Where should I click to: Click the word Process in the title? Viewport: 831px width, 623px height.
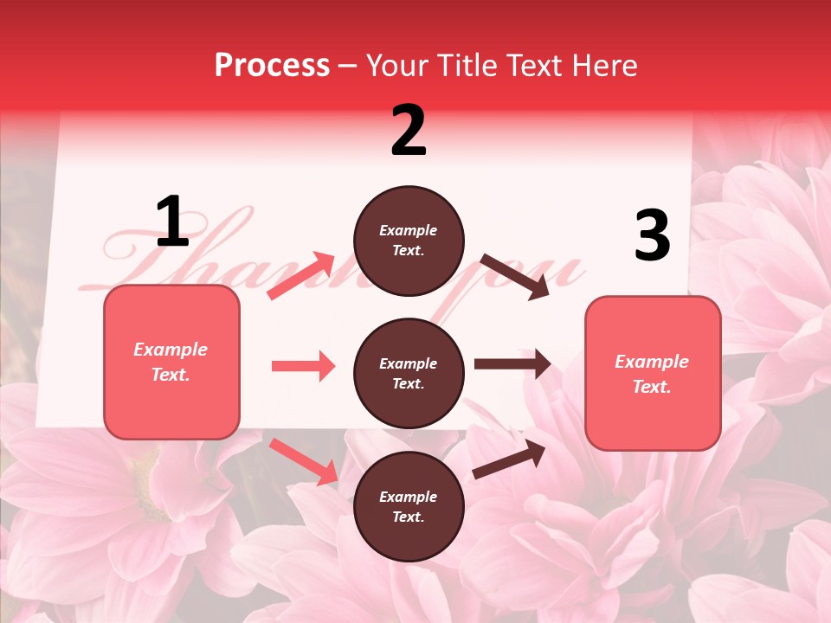[272, 65]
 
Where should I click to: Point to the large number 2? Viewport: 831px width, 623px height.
[409, 131]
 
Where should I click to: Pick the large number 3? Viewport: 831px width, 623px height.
[653, 235]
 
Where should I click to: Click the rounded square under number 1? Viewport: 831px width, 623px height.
[171, 362]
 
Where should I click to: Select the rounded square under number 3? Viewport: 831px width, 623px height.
[653, 374]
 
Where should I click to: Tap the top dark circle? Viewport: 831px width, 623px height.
[409, 241]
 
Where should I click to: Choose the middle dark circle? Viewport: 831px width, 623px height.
[409, 374]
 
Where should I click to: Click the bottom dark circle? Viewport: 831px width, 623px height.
[409, 507]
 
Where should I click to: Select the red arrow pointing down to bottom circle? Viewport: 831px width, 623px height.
[304, 461]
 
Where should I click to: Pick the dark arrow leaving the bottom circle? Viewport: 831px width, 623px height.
[509, 459]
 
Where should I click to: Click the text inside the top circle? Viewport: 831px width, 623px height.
[409, 241]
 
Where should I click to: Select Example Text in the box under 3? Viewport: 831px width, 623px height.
[653, 374]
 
